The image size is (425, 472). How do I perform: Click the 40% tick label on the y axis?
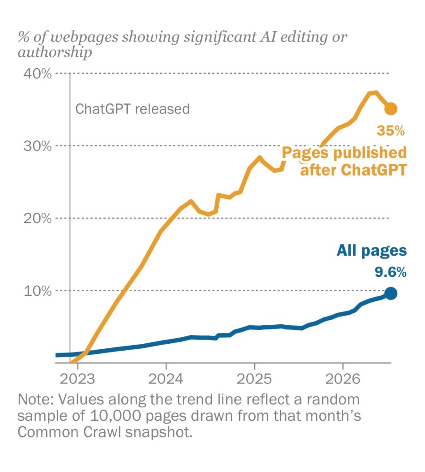coord(37,73)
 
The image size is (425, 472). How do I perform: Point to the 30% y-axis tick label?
coord(37,146)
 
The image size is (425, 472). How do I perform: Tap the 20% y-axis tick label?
coord(37,218)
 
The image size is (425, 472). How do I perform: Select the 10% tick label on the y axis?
coord(37,291)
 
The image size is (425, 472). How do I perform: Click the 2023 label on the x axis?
coord(78,379)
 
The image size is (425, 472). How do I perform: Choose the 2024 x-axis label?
coord(166,379)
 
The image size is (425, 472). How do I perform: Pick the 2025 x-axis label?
coord(254,379)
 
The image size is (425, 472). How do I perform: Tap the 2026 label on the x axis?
coord(343,379)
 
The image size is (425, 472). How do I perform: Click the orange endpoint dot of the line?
coord(391,109)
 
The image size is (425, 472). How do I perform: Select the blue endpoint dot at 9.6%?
coord(391,293)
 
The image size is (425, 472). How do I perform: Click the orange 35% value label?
coord(391,131)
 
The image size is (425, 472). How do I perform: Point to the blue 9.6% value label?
coord(391,272)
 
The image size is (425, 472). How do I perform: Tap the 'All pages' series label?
coord(372,251)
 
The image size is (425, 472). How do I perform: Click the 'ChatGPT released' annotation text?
coord(132,109)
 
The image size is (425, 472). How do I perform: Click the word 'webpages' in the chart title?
coord(84,38)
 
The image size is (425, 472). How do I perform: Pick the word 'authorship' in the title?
coord(55,53)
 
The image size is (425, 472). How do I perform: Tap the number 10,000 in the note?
coord(115,416)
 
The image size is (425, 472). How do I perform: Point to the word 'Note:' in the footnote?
coord(36,400)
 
